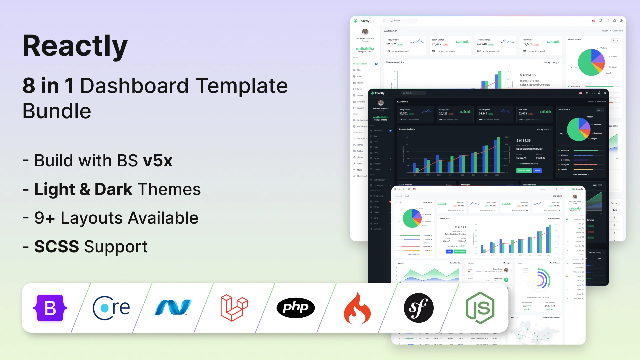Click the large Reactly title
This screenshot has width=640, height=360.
tap(75, 46)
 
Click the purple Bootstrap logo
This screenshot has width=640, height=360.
tap(50, 308)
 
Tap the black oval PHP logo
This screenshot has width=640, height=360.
tap(295, 307)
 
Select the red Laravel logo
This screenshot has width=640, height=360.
tap(234, 307)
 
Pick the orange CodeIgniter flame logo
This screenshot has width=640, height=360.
tap(357, 308)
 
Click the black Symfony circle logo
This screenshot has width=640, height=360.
tap(418, 308)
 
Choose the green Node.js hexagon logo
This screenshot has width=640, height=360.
tap(480, 308)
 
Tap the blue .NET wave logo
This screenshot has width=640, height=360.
tap(173, 307)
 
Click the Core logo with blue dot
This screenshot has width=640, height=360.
tap(111, 308)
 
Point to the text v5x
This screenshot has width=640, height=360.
tap(158, 161)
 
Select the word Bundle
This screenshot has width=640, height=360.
tap(57, 111)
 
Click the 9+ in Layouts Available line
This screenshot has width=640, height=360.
tap(45, 218)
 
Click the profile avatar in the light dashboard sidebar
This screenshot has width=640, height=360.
tap(365, 32)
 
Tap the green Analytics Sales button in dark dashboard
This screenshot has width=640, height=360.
tap(524, 170)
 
